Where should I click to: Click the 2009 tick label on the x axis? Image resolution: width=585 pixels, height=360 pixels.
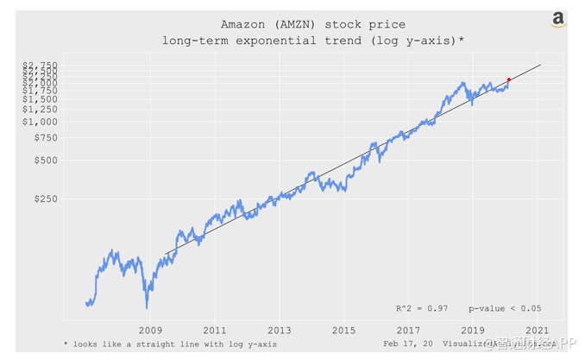click(x=150, y=331)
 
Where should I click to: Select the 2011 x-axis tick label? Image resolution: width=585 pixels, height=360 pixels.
click(x=215, y=331)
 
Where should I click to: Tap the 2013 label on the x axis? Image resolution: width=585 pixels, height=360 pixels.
click(x=280, y=331)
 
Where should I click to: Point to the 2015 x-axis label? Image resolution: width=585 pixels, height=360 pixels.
click(x=343, y=331)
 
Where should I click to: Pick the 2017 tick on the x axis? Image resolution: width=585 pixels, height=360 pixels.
click(x=408, y=331)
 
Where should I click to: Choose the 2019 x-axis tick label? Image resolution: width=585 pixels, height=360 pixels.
click(x=473, y=331)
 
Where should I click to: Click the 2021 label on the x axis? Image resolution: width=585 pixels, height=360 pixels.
click(x=537, y=331)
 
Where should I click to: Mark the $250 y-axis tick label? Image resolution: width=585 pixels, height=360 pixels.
click(x=45, y=199)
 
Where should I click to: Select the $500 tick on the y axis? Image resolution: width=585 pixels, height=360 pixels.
click(x=45, y=160)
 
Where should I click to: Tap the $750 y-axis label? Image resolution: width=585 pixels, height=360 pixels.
click(x=45, y=137)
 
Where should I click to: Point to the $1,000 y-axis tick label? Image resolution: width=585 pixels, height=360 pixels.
click(x=41, y=122)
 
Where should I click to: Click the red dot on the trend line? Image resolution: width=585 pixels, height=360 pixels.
click(x=509, y=79)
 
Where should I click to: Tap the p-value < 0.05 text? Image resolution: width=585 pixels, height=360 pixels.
click(x=505, y=308)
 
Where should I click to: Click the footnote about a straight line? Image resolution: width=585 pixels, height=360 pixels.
click(x=170, y=344)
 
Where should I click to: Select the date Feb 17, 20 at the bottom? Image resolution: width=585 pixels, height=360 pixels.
click(x=408, y=344)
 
